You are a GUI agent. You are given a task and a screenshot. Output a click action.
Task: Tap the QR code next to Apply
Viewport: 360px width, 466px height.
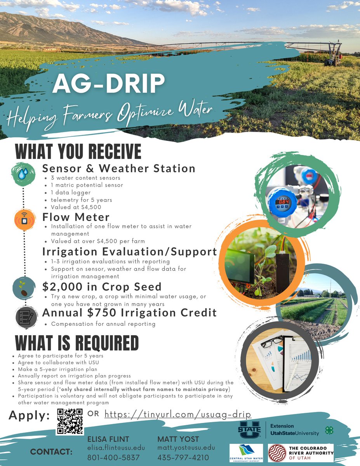pyautogui.click(x=70, y=421)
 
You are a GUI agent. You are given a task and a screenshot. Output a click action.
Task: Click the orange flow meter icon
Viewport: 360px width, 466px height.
pyautogui.click(x=24, y=220)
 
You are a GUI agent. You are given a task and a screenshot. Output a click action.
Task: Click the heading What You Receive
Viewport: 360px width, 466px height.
pyautogui.click(x=78, y=151)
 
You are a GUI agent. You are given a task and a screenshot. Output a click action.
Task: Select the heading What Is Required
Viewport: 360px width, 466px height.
pyautogui.click(x=77, y=343)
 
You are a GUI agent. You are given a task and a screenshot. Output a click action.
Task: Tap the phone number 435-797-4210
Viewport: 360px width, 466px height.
pyautogui.click(x=183, y=457)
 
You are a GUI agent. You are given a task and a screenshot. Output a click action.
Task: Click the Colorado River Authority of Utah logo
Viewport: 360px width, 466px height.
pyautogui.click(x=301, y=453)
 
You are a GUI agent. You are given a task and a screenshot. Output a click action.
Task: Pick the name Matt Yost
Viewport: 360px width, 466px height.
pyautogui.click(x=178, y=439)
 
